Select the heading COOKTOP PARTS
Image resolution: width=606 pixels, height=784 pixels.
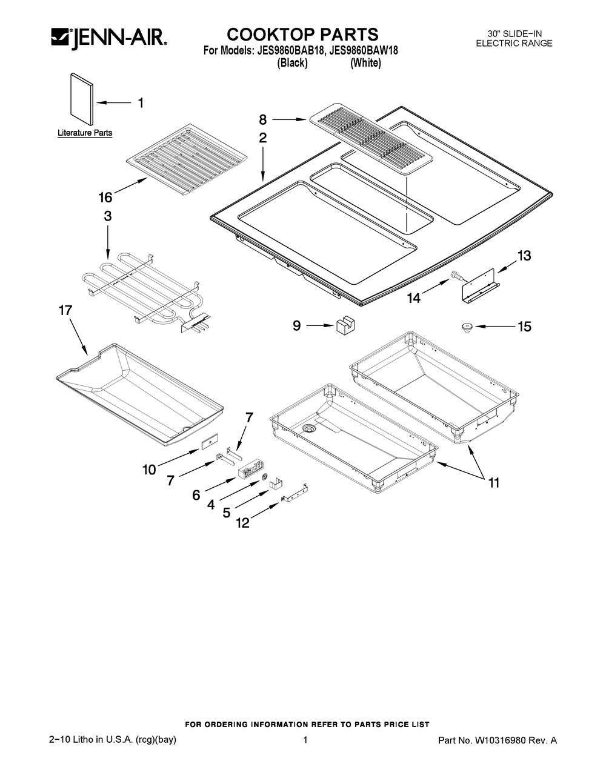[302, 35]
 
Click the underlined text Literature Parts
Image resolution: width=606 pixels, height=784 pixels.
[85, 133]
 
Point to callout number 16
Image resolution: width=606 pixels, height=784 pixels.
[105, 197]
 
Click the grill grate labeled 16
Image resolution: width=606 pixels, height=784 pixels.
[187, 160]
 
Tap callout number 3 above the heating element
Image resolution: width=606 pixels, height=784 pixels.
[107, 216]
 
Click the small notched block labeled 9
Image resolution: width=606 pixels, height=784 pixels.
[345, 326]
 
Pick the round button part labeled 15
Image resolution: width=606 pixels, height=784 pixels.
[467, 328]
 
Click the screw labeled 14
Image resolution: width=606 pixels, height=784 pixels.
[456, 276]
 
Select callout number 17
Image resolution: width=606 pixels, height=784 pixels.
[65, 310]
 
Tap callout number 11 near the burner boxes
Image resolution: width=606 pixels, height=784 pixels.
[494, 483]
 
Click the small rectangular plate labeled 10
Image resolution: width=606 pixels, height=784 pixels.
[209, 441]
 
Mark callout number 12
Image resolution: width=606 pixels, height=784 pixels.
[242, 522]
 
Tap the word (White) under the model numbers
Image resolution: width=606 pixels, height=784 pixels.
[365, 63]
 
